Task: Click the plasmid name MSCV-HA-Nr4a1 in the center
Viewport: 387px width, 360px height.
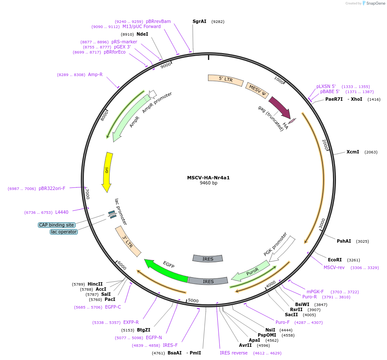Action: coord(208,178)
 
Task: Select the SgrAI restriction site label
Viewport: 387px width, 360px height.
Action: coord(199,21)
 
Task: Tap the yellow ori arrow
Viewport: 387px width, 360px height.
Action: coord(108,172)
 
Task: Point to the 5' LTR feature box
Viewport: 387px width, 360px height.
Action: coord(225,79)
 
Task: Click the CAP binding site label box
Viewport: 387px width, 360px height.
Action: coord(57,225)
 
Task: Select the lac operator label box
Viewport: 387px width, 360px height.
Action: coord(64,232)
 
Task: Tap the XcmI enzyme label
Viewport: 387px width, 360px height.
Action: coord(353,152)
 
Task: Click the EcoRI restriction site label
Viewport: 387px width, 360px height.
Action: coord(335,260)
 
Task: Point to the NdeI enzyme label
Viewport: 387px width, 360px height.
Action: coord(142,34)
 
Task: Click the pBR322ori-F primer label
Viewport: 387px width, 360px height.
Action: coord(52,188)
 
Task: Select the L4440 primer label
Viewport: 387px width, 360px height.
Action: coord(62,212)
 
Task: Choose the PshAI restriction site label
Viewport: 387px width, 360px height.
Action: coord(344,241)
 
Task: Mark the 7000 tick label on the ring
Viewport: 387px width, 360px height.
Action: coord(87,194)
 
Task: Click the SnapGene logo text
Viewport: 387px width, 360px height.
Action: coord(375,3)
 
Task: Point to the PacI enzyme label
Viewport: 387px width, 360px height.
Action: coord(110,299)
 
